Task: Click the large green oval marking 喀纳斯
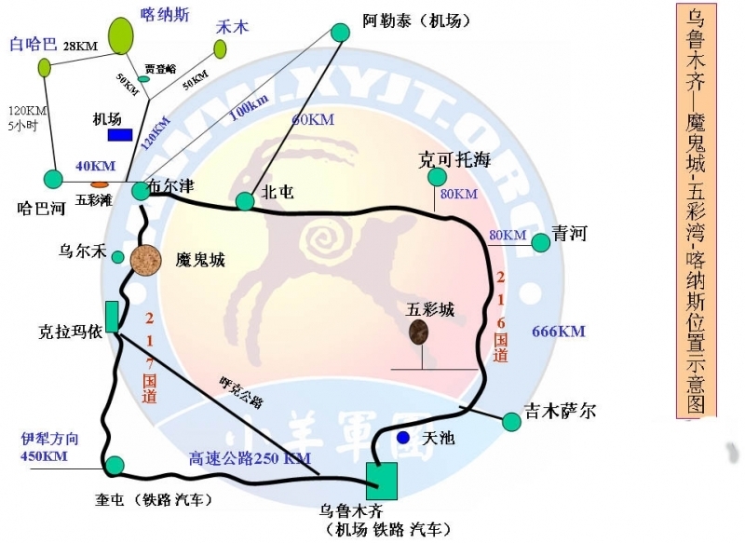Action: (121, 35)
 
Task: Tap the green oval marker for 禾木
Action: (220, 49)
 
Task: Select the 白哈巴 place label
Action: (33, 44)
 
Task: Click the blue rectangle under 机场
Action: (120, 135)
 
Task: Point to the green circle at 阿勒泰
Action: (340, 33)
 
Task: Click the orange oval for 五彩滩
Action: (99, 184)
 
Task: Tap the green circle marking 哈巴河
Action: (53, 178)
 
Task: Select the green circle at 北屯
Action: (245, 201)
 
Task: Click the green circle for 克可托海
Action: (437, 177)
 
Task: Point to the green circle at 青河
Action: (540, 243)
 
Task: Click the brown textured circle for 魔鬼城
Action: (146, 260)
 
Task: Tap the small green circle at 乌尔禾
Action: (118, 257)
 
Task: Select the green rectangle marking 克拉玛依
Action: (112, 317)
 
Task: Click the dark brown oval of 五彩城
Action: (419, 332)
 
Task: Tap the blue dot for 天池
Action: (402, 437)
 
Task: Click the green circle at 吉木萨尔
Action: (511, 422)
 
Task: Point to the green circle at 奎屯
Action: (115, 465)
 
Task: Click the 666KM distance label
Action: (558, 332)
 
